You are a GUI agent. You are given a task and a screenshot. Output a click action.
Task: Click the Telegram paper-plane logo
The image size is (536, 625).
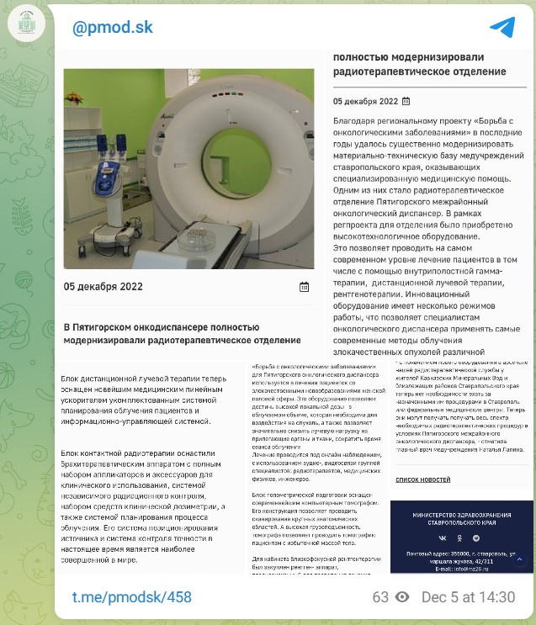[502, 28]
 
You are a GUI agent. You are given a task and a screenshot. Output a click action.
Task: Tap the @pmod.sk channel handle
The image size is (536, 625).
[113, 28]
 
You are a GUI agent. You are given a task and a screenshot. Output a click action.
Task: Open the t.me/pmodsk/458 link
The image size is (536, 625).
[131, 597]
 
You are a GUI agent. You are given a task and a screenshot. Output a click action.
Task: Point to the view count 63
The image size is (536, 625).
[380, 597]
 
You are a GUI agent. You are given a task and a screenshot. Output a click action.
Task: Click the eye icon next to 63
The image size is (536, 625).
[402, 597]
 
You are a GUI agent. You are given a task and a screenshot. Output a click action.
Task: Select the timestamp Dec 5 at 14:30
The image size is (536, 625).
[468, 597]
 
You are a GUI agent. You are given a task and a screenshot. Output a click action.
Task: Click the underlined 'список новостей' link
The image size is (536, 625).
[422, 479]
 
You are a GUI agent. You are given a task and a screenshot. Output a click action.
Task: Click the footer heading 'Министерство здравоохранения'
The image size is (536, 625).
[461, 514]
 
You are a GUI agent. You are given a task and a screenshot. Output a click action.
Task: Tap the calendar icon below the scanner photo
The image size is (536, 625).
[304, 287]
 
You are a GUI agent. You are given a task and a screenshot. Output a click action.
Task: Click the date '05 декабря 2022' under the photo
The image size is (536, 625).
[103, 287]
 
